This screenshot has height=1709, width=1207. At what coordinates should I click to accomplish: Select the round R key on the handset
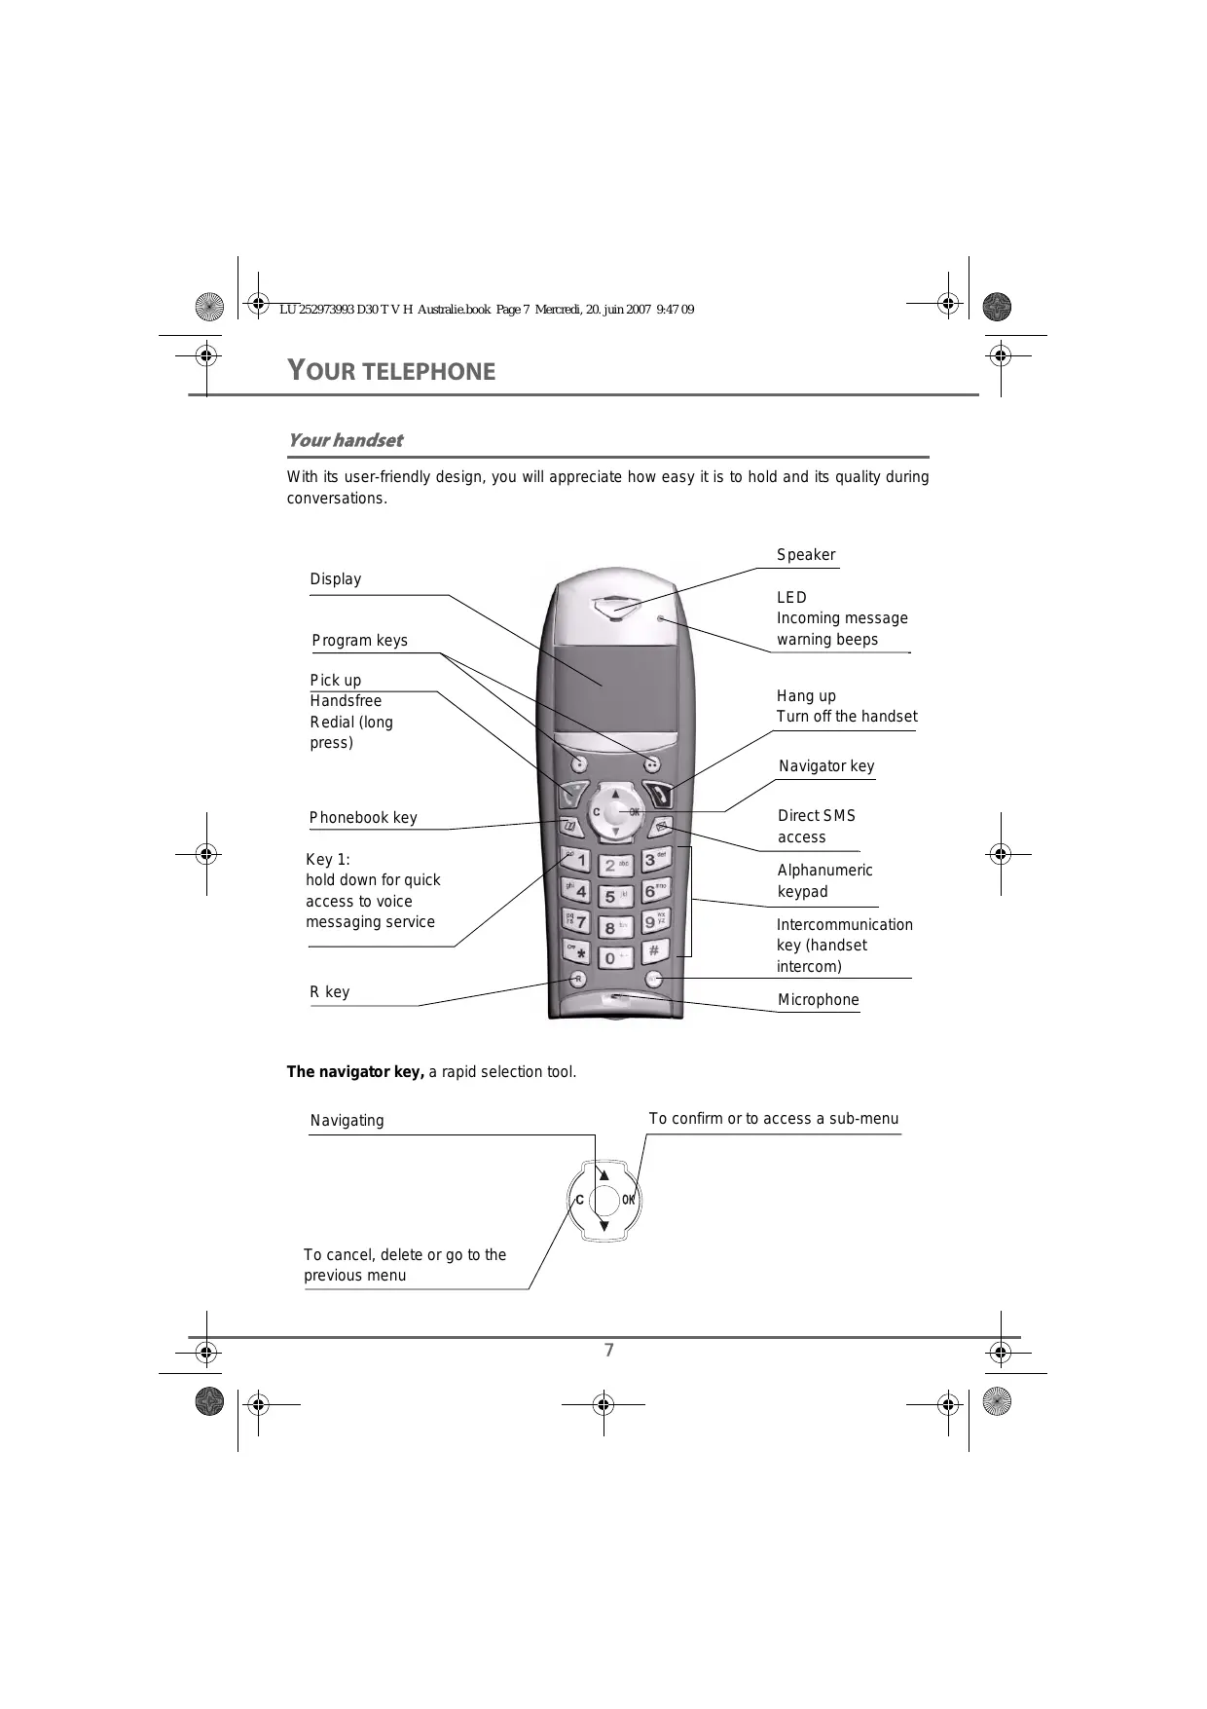tap(577, 979)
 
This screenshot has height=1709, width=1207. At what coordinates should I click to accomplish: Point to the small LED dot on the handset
tap(660, 618)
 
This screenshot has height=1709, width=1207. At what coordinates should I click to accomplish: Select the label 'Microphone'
tap(818, 1000)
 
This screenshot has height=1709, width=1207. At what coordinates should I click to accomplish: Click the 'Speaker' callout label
tap(806, 555)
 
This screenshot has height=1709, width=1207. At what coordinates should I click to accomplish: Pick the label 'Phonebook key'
tap(363, 818)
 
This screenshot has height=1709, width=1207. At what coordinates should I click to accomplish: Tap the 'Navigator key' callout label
tap(826, 766)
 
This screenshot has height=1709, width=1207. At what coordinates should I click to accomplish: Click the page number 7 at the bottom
tap(609, 1350)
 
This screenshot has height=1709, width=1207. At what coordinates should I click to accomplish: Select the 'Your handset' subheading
tap(345, 440)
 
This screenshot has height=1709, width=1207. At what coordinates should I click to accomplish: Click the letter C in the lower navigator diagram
tap(579, 1200)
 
